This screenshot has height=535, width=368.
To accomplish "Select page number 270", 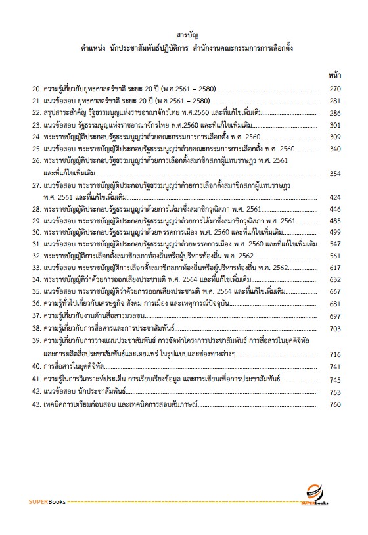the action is tap(334, 89).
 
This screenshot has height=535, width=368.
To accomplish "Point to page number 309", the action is tap(334, 137).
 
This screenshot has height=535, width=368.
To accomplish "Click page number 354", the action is tap(334, 173).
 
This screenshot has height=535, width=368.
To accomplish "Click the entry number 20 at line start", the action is tap(37, 89).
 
